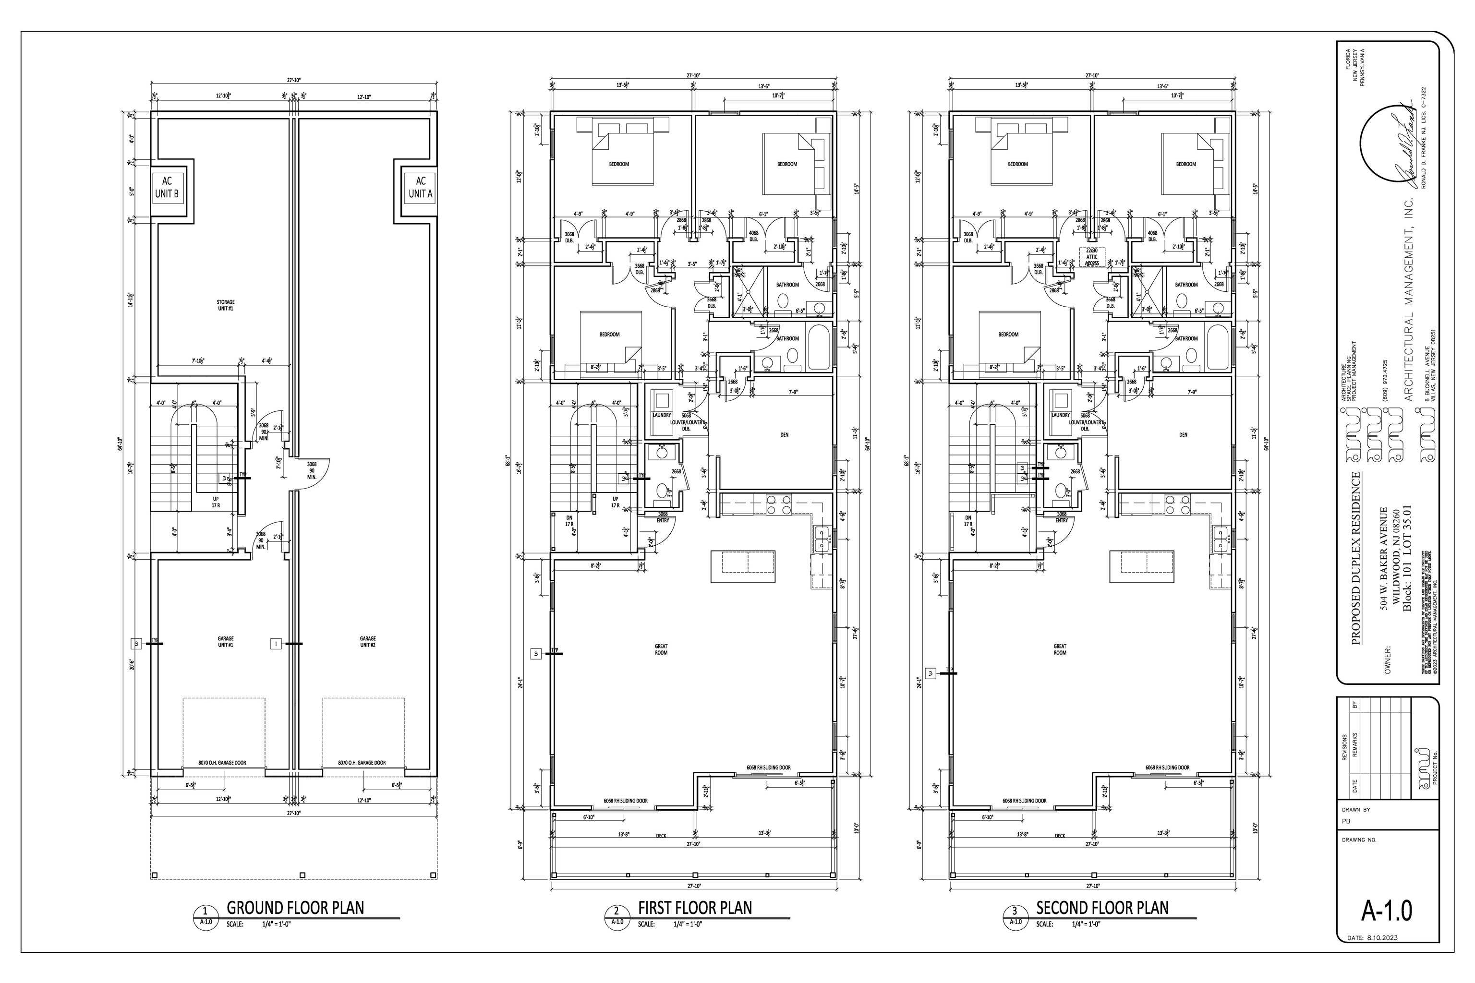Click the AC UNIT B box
click(167, 188)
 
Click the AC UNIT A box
click(420, 188)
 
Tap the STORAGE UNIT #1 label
click(226, 305)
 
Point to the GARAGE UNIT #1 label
click(226, 642)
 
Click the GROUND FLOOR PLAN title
click(295, 907)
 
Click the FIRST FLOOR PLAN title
click(695, 907)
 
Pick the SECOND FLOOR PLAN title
click(1102, 907)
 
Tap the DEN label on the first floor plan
click(784, 434)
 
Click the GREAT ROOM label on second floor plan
click(1060, 649)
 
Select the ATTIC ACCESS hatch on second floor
click(1092, 257)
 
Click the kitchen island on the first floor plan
click(742, 566)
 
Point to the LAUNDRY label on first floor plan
click(662, 415)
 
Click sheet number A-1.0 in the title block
click(1387, 910)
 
